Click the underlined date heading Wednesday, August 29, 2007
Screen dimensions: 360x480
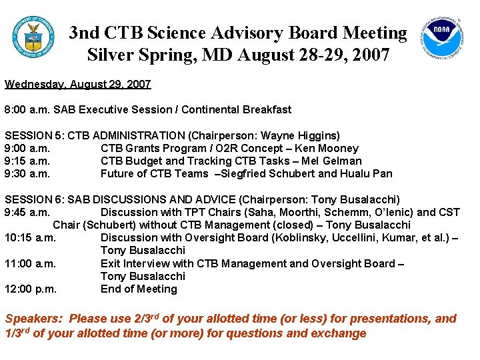pyautogui.click(x=78, y=84)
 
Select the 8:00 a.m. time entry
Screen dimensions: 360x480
pyautogui.click(x=27, y=109)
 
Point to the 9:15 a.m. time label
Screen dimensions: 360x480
pyautogui.click(x=27, y=161)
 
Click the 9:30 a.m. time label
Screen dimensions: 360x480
pyautogui.click(x=27, y=173)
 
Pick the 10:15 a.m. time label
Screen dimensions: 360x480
pyautogui.click(x=30, y=237)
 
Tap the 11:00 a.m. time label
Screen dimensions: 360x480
pyautogui.click(x=30, y=263)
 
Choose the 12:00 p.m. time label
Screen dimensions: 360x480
pyautogui.click(x=30, y=289)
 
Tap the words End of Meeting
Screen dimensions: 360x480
pyautogui.click(x=139, y=289)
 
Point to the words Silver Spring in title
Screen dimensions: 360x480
pyautogui.click(x=134, y=54)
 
